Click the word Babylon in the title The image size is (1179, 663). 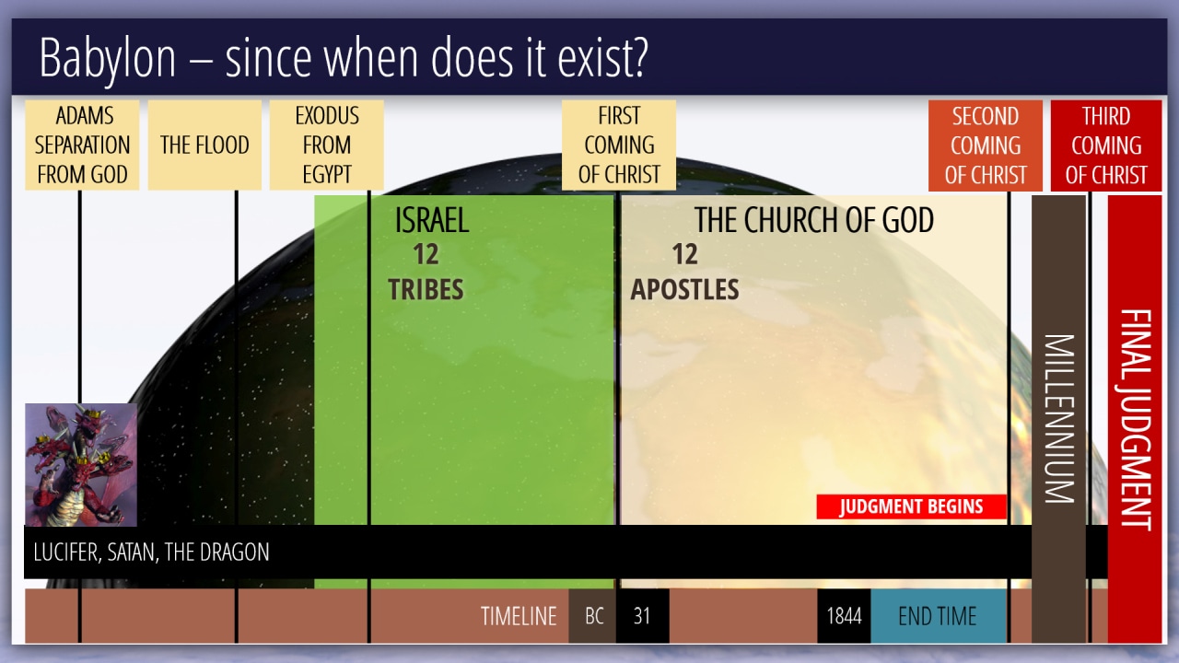point(108,59)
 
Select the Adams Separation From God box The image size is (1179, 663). point(82,145)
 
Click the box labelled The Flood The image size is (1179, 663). point(204,145)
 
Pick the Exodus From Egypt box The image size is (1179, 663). point(327,145)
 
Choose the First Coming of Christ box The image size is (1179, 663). point(619,145)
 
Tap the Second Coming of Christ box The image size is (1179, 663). point(986,145)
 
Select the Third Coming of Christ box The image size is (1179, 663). point(1106,145)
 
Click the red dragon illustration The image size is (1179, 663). point(81,465)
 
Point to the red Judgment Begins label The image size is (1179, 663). point(911,506)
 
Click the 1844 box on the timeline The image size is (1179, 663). point(844,616)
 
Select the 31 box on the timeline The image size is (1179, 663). point(642,616)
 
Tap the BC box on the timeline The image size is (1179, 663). point(592,616)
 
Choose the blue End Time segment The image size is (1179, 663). point(939,616)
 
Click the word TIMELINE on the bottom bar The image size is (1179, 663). point(519,616)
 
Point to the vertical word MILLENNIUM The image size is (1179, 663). point(1059,418)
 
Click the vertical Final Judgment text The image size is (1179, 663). point(1136,419)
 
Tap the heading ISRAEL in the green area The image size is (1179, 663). point(432,220)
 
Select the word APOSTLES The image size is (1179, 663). point(684,289)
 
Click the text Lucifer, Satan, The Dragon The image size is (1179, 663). point(151,552)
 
